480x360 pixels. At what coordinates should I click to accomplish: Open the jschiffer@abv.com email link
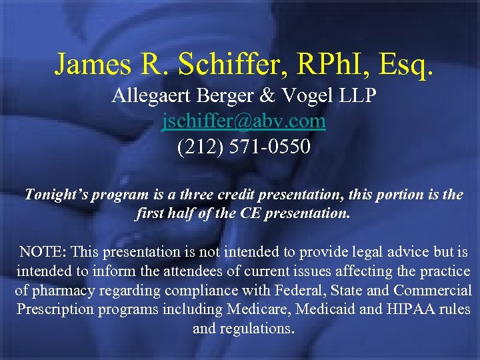tap(244, 121)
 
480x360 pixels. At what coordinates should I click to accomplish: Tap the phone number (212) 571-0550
tap(244, 145)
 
